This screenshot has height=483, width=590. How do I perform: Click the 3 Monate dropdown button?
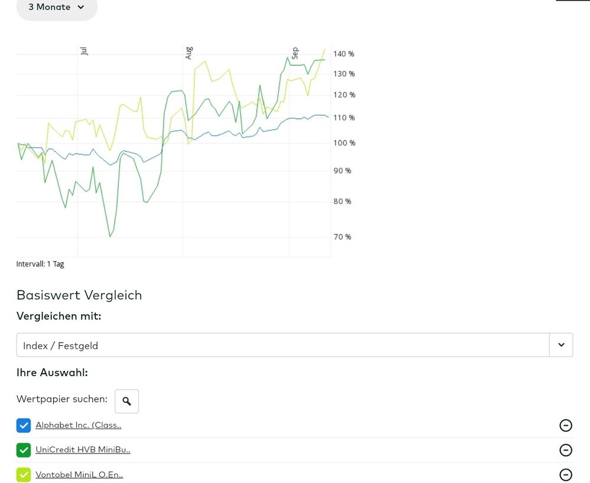[57, 8]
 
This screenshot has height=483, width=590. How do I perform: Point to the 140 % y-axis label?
[344, 54]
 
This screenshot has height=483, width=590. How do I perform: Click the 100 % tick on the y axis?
[344, 143]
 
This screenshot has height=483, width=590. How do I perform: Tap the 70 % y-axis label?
[343, 237]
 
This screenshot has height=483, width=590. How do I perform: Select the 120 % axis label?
[344, 94]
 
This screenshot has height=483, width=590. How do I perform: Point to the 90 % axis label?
[343, 171]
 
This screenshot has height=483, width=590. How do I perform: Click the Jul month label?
[84, 51]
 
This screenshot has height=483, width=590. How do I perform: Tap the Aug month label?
[189, 53]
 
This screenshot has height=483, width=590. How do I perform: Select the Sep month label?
[295, 53]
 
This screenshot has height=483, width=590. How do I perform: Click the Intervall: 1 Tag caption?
[40, 264]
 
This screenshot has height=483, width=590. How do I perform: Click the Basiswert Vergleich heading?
[79, 295]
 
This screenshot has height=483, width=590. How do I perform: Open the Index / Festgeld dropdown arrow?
[561, 345]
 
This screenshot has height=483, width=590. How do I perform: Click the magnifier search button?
[126, 402]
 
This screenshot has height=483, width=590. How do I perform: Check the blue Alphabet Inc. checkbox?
[24, 425]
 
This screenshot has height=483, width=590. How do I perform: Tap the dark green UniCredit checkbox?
[24, 450]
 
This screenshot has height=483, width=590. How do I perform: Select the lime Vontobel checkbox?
[24, 475]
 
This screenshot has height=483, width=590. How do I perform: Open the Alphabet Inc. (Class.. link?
[79, 425]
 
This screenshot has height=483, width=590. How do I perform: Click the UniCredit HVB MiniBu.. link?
[83, 450]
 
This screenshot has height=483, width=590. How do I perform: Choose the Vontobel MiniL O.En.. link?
[79, 475]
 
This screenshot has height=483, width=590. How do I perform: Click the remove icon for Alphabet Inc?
[566, 425]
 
